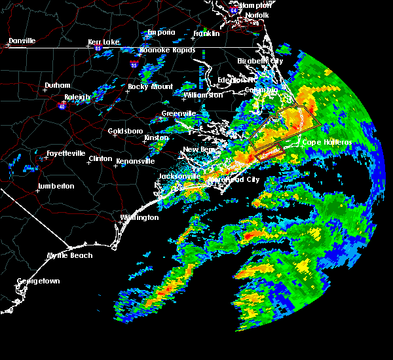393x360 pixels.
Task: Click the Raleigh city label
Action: point(77,98)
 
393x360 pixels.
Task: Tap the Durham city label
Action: point(57,86)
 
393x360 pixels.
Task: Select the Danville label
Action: point(22,41)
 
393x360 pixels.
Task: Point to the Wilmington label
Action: point(140,217)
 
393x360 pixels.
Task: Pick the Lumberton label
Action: point(56,186)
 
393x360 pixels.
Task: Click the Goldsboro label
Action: point(125,131)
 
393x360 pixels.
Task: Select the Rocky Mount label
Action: point(151,86)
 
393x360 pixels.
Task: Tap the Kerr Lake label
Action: point(104,42)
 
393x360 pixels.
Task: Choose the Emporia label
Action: point(161,32)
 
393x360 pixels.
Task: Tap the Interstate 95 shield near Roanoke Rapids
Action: point(134,65)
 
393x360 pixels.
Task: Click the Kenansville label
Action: point(136,161)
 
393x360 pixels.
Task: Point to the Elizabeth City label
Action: point(261,61)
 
